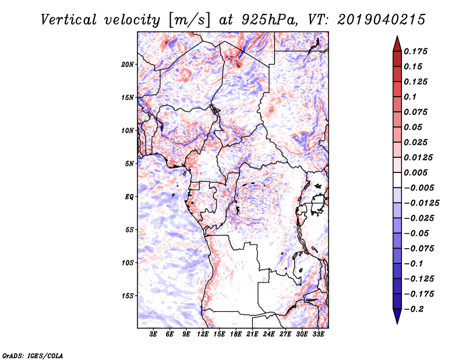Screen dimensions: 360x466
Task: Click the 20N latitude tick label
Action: click(128, 64)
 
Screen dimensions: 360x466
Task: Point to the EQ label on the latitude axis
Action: click(129, 197)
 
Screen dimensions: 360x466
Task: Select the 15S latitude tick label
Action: click(128, 296)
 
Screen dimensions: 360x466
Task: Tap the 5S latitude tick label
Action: click(129, 230)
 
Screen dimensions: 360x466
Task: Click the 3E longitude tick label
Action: click(154, 335)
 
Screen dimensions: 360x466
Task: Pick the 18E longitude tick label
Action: click(236, 335)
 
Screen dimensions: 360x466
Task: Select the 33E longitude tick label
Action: click(318, 335)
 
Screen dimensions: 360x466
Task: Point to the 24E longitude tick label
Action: click(269, 335)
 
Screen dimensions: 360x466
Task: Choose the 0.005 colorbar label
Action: click(418, 173)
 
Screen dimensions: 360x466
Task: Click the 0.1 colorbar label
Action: click(412, 97)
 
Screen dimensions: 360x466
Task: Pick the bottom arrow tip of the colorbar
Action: click(397, 322)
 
